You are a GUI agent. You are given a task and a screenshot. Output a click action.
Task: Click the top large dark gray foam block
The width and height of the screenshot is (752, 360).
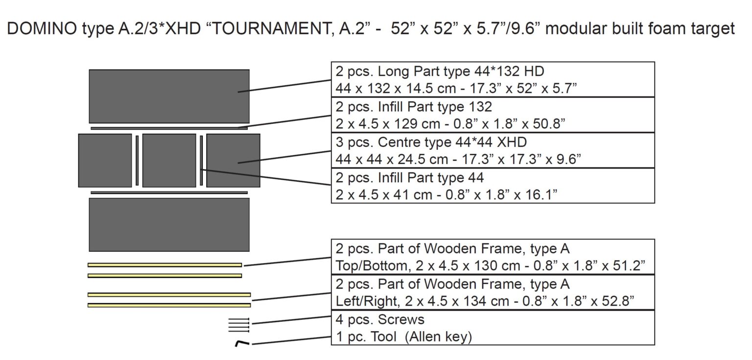[169, 96]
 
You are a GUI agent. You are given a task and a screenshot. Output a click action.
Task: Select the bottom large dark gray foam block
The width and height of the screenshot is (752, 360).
[169, 224]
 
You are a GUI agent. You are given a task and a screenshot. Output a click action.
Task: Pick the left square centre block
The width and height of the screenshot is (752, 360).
[105, 160]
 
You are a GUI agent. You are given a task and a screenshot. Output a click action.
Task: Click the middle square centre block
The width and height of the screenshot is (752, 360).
[169, 160]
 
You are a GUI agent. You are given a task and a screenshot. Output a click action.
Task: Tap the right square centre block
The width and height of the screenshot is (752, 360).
[233, 160]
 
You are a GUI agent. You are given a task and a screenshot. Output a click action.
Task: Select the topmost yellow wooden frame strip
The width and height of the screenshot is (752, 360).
[164, 265]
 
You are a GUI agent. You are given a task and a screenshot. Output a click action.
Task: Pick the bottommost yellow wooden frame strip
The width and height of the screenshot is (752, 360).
[169, 305]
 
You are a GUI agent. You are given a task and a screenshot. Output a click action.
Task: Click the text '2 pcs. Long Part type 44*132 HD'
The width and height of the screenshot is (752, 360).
[440, 72]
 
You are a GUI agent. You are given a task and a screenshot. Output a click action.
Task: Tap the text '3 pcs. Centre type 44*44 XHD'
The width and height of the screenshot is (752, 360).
[431, 143]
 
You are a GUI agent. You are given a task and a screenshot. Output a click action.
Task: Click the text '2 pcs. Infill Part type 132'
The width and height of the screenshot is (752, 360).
[414, 107]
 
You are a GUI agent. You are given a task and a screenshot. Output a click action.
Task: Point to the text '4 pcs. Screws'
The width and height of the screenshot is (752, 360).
[379, 320]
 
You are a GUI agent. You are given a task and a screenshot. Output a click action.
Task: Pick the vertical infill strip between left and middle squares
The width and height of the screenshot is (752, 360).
[137, 160]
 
